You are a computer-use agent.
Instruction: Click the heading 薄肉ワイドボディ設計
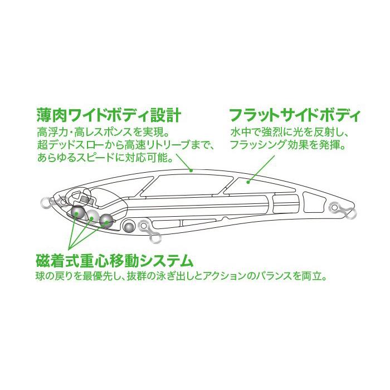click(109, 115)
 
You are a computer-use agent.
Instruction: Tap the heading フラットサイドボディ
click(295, 115)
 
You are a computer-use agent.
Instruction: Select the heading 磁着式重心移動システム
click(115, 261)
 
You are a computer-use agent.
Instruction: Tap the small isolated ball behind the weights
click(129, 226)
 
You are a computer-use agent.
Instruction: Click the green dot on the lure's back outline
click(191, 170)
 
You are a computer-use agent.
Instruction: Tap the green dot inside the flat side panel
click(248, 182)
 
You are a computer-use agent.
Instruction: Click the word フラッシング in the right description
click(257, 144)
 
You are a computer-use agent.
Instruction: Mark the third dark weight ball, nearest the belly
click(107, 221)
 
